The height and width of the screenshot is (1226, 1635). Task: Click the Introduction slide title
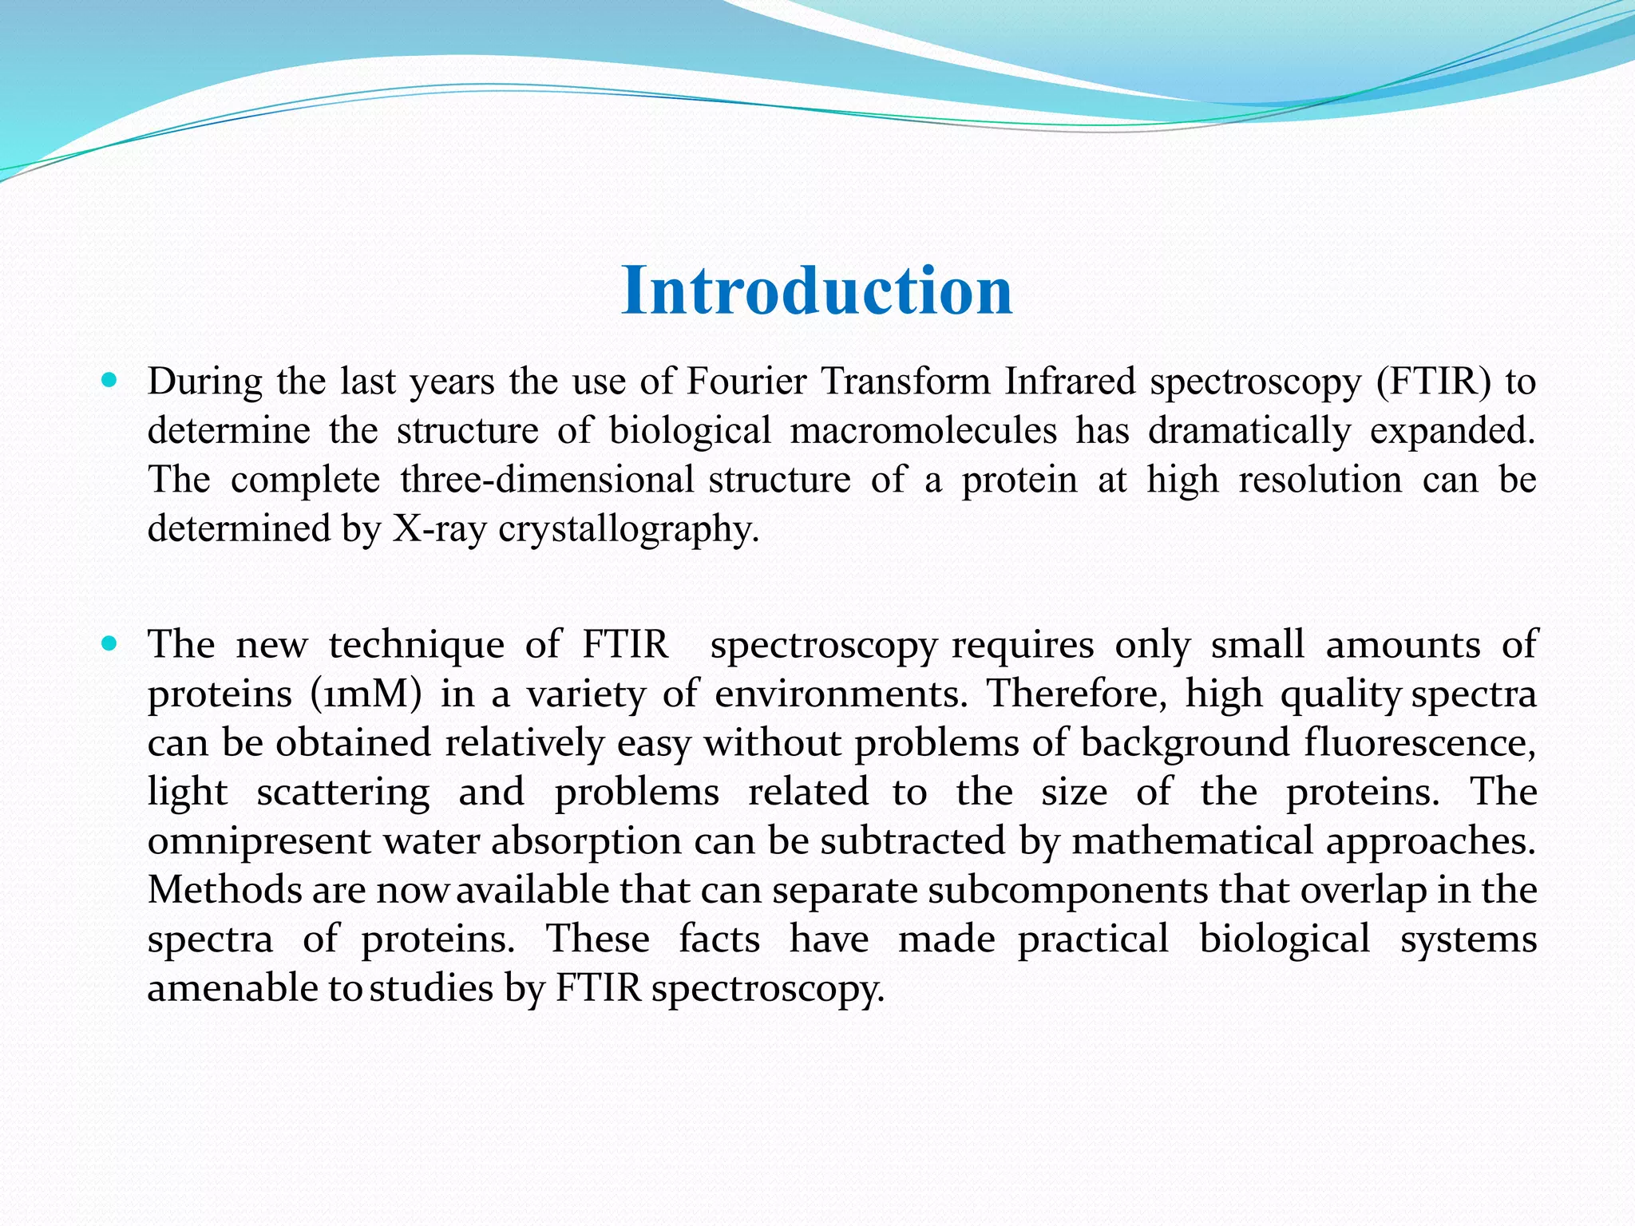click(x=817, y=291)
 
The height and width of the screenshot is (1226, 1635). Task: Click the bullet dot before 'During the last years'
click(x=110, y=380)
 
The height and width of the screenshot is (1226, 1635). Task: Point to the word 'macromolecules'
click(x=924, y=431)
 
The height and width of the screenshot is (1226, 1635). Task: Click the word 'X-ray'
click(x=439, y=529)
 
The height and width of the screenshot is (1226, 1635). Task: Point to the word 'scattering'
click(x=343, y=793)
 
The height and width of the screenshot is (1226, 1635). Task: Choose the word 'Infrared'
click(x=1070, y=382)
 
